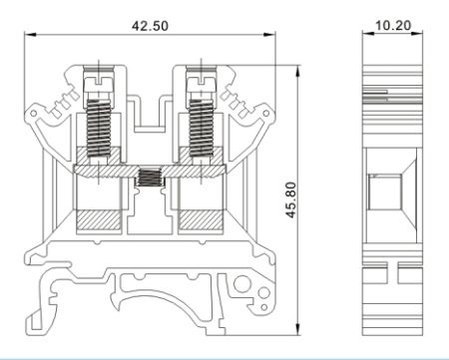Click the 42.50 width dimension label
tap(150, 26)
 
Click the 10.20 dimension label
tap(393, 25)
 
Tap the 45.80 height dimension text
tap(291, 199)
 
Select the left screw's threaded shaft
tap(99, 128)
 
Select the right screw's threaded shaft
tap(201, 128)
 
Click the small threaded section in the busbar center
tap(150, 178)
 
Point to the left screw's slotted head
tap(99, 84)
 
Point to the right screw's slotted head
tap(202, 84)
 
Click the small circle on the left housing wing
tap(33, 114)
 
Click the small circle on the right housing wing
tap(266, 114)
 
